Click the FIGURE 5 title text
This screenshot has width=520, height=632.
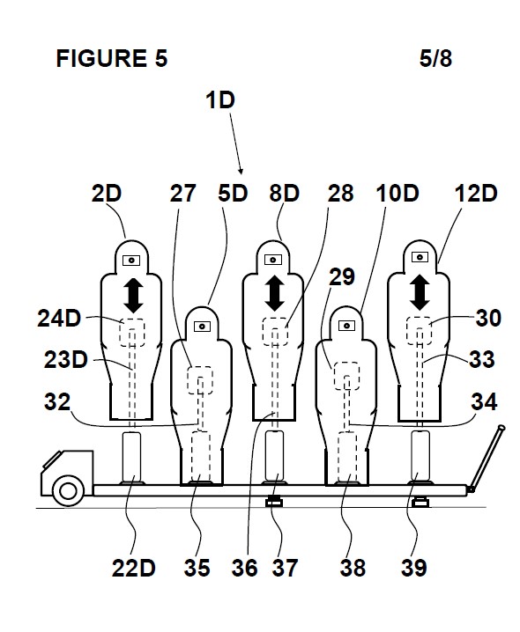(x=111, y=58)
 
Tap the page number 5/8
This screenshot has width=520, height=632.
(x=435, y=58)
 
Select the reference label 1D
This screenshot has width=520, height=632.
(x=220, y=100)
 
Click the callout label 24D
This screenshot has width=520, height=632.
(x=59, y=319)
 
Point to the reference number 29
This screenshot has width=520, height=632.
(x=342, y=276)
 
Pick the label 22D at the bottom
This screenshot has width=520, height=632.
(x=134, y=568)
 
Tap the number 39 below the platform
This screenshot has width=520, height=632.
(x=414, y=568)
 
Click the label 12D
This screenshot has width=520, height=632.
(x=476, y=194)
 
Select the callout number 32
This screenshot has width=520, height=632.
(x=57, y=402)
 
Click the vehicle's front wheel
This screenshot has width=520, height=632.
(x=68, y=490)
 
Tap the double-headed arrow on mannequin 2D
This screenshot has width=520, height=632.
(x=133, y=296)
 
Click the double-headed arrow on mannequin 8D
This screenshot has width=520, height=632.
(x=275, y=293)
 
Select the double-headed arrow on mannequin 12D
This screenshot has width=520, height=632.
(x=420, y=292)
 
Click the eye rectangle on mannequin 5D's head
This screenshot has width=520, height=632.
(x=202, y=326)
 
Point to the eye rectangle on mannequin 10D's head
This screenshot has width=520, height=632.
(x=346, y=326)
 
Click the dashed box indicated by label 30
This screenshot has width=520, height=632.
(x=420, y=330)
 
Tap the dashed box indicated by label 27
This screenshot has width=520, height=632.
(x=200, y=380)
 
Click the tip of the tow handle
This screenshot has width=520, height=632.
(x=501, y=428)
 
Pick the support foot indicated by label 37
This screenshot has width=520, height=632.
(x=273, y=502)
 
